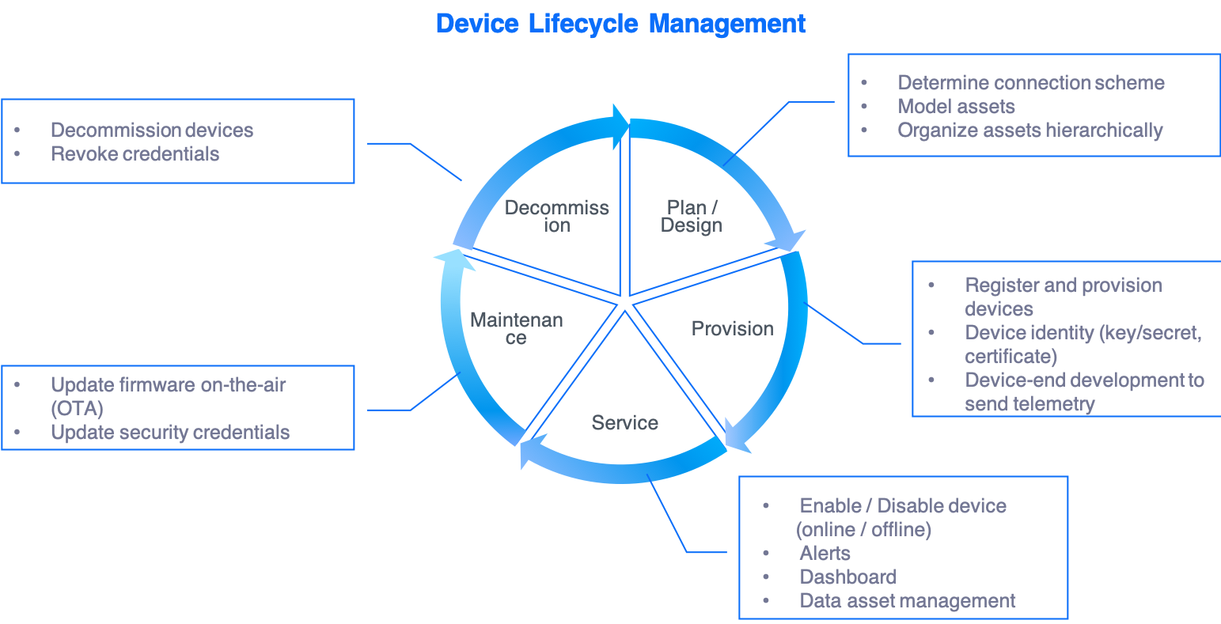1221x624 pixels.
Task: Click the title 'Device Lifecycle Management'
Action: [x=620, y=24]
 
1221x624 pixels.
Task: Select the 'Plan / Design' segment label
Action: [x=692, y=217]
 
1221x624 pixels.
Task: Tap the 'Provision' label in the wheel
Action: [x=733, y=329]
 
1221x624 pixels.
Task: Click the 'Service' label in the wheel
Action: [x=625, y=423]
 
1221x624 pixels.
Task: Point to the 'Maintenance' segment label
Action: [x=517, y=329]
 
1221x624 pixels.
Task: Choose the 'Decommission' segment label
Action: [x=557, y=217]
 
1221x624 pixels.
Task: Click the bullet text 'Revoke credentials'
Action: [x=135, y=154]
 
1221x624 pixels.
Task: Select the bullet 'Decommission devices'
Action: [x=152, y=130]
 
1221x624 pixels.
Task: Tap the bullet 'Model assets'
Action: [x=956, y=107]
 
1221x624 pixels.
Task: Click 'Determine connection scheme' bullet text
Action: [x=1031, y=83]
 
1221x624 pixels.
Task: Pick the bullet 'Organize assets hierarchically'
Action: [x=1030, y=130]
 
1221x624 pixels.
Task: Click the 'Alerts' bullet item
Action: [x=825, y=554]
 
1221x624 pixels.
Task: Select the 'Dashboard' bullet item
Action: [x=848, y=577]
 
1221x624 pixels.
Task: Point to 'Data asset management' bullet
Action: [x=908, y=601]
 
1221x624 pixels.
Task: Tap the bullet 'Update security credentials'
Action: [x=170, y=433]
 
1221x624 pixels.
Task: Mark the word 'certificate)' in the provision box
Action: [x=1011, y=357]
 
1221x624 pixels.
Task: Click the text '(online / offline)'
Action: [x=863, y=530]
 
